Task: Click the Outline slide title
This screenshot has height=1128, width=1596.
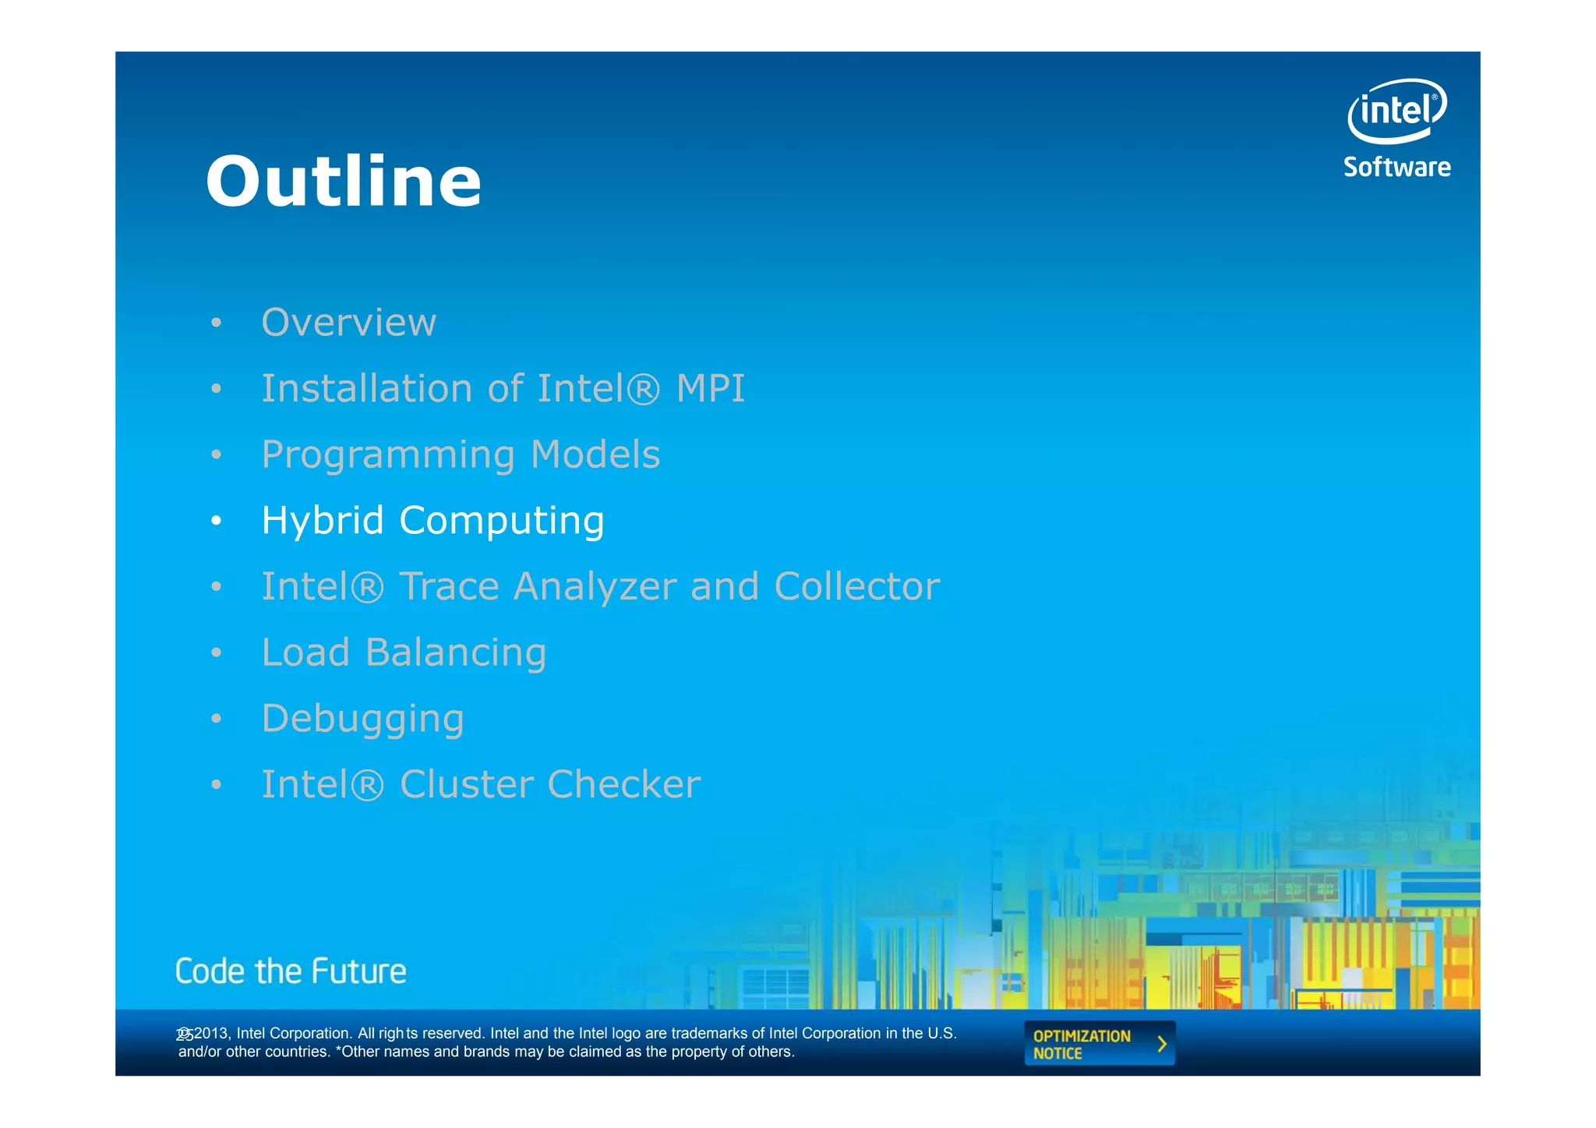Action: [344, 182]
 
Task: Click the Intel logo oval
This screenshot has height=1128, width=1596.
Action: [1396, 111]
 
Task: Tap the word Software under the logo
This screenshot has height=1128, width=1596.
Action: [1396, 167]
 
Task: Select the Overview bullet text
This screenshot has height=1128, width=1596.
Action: [348, 322]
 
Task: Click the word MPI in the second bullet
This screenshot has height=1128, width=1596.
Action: [710, 388]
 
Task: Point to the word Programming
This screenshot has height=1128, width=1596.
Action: [388, 455]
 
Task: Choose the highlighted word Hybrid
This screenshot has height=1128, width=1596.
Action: [323, 520]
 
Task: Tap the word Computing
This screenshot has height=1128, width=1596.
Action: [501, 522]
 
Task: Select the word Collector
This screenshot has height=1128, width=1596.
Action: [856, 586]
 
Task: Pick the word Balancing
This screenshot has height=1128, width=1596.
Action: [455, 653]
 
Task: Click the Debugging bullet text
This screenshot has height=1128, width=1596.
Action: [362, 719]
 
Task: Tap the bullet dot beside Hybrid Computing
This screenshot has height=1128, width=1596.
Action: [217, 521]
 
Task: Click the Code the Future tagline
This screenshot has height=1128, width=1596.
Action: [291, 971]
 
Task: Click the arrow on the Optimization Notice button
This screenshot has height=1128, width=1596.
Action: [1162, 1044]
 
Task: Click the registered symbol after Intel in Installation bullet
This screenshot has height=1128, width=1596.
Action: [643, 389]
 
